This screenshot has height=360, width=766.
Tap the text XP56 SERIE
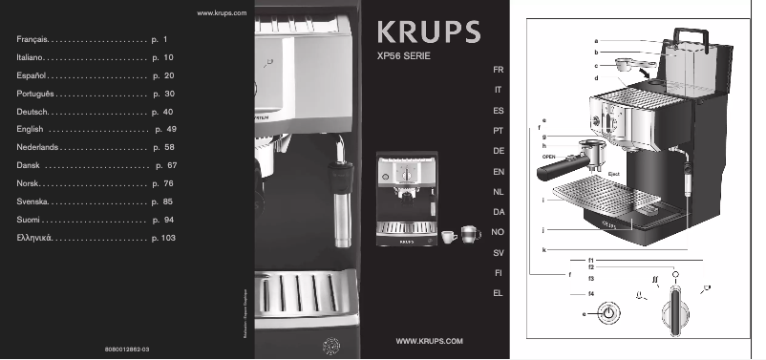[405, 58]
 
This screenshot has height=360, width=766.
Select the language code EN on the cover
[498, 172]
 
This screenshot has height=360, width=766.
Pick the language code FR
[498, 72]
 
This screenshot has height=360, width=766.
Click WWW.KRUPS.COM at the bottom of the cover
[429, 341]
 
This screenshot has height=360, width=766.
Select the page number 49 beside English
[171, 128]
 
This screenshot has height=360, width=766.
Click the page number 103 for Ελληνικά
[169, 236]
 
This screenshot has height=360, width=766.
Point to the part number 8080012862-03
[124, 350]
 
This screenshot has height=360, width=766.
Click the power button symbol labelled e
[607, 313]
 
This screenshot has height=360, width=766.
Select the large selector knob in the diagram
[676, 307]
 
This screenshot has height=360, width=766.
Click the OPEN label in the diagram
[549, 155]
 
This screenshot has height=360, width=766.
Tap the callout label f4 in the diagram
[592, 293]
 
